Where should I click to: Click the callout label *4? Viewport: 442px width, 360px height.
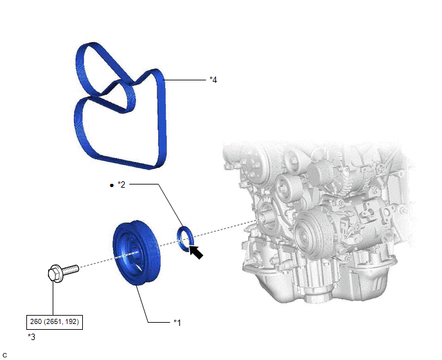click(213, 80)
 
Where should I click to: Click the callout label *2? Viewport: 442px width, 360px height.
click(121, 184)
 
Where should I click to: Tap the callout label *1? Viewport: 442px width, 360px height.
click(177, 322)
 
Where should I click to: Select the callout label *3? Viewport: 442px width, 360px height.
click(31, 337)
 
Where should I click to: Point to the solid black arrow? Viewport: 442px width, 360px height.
click(196, 252)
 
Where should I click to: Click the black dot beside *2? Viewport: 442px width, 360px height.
click(112, 185)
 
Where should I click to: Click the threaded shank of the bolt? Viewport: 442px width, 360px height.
click(71, 269)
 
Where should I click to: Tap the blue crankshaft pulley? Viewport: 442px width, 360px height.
click(136, 253)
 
